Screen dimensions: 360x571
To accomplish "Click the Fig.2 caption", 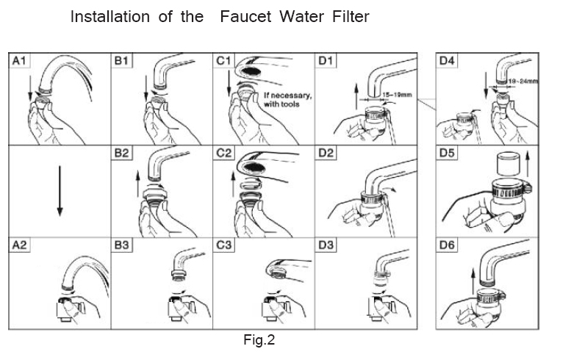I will [x=259, y=339].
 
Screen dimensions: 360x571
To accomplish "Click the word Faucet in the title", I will [x=247, y=17].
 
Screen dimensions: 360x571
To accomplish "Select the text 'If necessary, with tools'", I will [x=287, y=100].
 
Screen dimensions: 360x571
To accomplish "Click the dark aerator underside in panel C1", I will [x=254, y=74].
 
